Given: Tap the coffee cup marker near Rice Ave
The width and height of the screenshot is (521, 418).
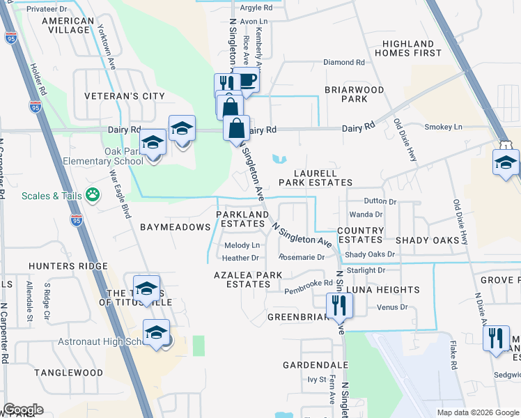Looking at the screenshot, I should (x=246, y=79).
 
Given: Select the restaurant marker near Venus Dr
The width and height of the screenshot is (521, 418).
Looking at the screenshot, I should (x=340, y=304).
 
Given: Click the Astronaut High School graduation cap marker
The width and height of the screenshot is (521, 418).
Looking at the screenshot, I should (x=157, y=332).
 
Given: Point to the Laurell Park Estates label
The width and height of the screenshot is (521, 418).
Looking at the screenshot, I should (x=316, y=178).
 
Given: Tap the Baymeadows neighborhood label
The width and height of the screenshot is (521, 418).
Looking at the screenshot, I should (x=175, y=227).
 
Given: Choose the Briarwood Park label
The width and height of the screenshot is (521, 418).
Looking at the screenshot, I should (x=355, y=94).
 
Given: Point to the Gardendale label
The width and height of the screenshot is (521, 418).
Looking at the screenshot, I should (x=316, y=365).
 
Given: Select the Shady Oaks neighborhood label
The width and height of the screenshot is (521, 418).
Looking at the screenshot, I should (x=428, y=240).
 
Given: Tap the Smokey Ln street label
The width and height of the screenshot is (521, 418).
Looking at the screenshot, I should (x=443, y=127).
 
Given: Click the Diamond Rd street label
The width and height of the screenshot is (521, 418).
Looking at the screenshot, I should (x=344, y=62).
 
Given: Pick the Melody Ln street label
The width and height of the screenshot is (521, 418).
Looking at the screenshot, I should (x=242, y=245).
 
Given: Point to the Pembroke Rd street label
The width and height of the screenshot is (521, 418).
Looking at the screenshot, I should (x=309, y=283).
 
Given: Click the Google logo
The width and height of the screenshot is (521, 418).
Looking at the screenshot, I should (x=23, y=410).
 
